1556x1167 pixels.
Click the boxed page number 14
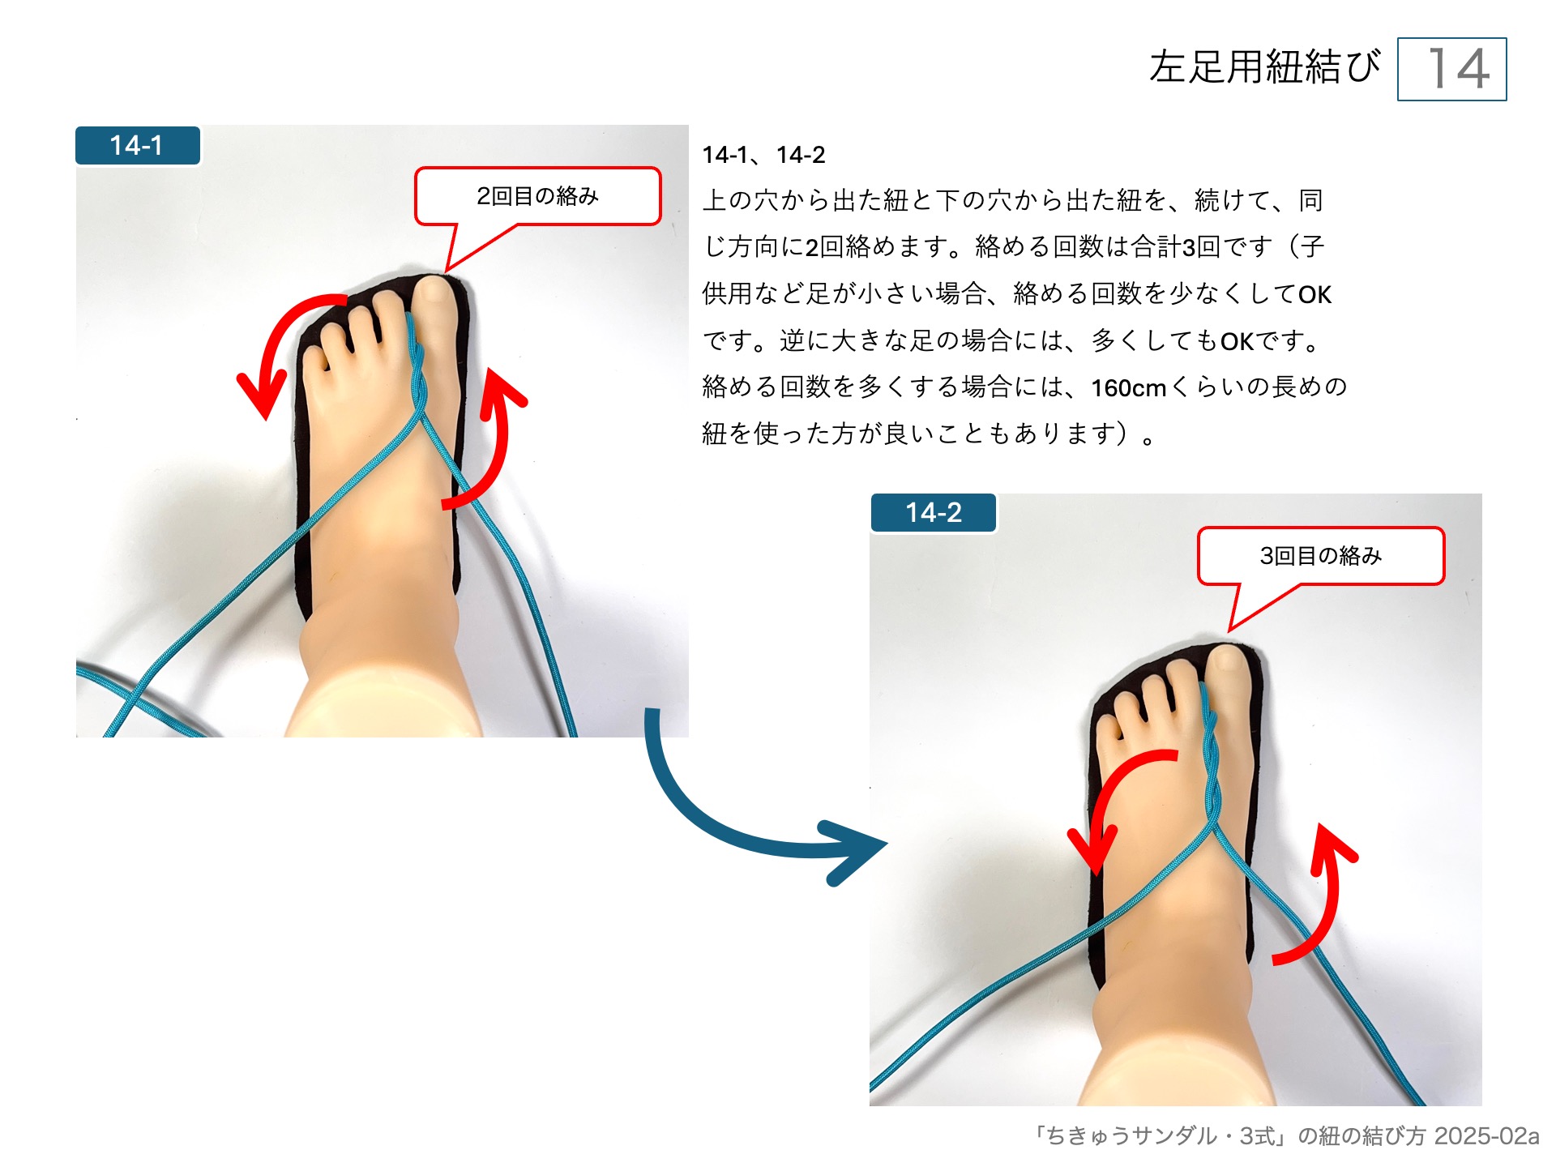[1451, 69]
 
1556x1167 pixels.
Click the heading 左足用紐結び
[1264, 66]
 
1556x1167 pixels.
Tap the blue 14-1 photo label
[138, 146]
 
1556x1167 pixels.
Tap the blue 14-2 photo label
[934, 513]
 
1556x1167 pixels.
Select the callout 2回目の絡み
[537, 196]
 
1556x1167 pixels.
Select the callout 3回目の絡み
[1321, 556]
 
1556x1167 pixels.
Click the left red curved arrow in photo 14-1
[280, 332]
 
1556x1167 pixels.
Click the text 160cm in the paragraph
[1128, 388]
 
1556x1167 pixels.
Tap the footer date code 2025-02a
[1486, 1136]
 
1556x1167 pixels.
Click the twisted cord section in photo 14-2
[1211, 754]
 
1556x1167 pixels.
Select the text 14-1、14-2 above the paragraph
[763, 155]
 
